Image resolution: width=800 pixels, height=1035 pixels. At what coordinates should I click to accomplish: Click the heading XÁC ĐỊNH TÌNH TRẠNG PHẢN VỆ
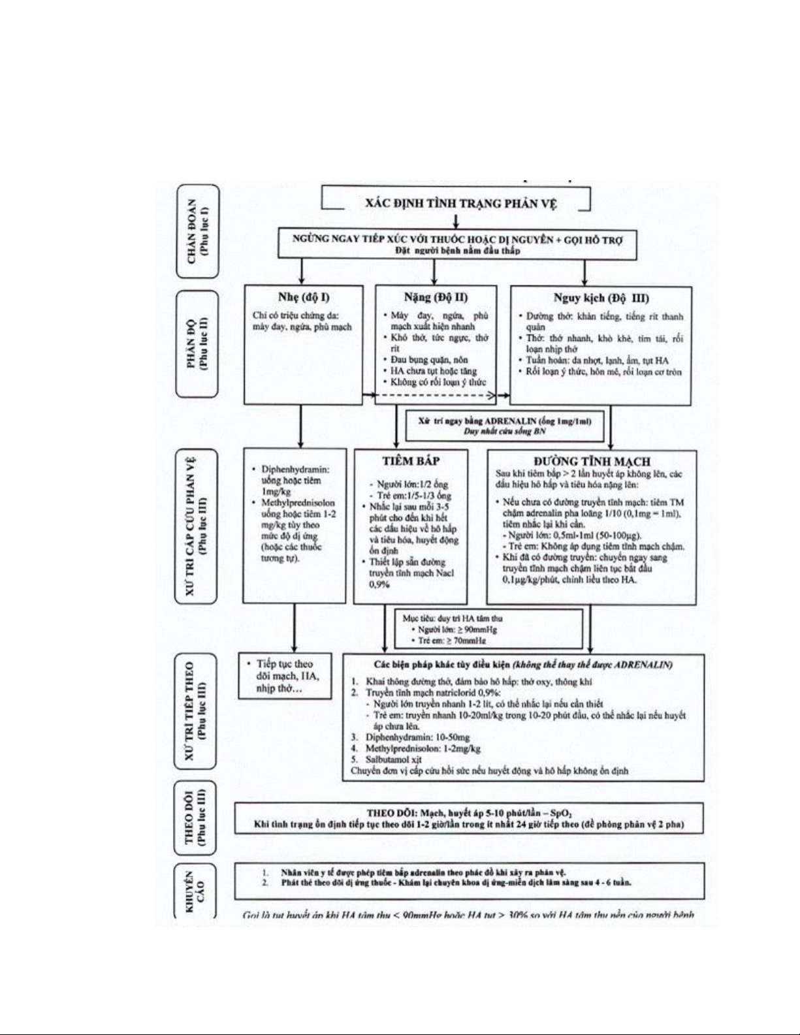[460, 203]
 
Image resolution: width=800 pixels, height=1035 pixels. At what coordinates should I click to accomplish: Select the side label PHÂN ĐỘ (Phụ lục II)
[198, 343]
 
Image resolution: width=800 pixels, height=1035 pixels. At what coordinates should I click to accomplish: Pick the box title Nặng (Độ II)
[436, 298]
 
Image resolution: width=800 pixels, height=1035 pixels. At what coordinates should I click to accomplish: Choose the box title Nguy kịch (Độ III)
[601, 298]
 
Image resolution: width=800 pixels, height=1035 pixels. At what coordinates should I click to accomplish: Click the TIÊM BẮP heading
[411, 461]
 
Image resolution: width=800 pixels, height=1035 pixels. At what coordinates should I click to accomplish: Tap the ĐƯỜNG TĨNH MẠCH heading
[592, 462]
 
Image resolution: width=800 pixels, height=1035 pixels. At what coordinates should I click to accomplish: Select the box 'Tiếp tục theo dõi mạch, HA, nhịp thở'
[284, 676]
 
